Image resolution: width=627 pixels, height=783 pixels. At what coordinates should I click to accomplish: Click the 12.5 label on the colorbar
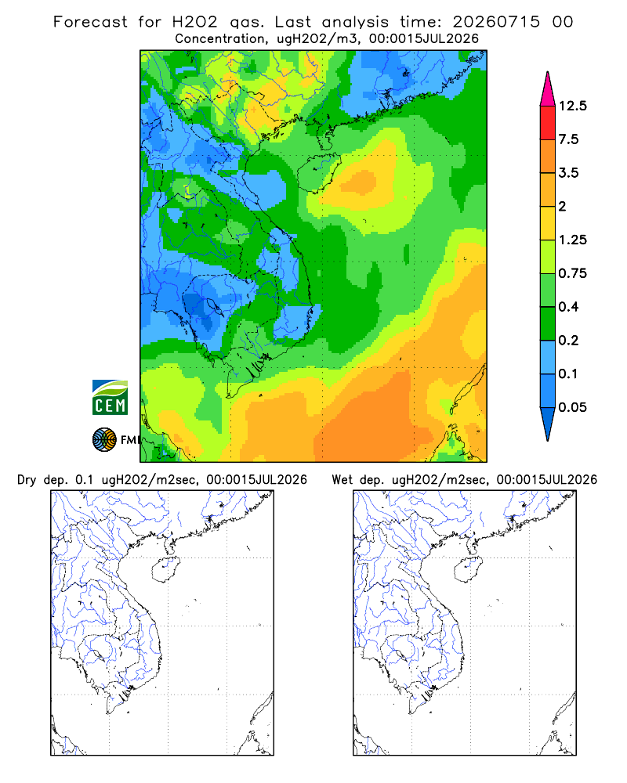572,106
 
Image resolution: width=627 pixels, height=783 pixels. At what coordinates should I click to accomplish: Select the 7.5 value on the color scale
568,139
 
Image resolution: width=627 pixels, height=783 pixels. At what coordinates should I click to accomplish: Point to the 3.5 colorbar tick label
568,173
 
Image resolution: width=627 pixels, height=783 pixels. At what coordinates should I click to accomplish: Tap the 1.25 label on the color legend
572,240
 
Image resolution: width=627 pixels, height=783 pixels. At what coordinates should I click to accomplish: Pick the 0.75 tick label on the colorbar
572,273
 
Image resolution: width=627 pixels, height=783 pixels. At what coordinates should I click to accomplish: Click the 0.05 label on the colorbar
572,407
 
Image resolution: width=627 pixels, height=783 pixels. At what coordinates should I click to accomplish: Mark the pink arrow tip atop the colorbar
548,72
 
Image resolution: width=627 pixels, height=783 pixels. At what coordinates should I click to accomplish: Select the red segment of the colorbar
548,123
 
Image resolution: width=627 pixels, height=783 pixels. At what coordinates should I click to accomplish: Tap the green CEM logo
110,398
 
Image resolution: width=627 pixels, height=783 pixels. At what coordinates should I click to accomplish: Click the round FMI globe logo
104,439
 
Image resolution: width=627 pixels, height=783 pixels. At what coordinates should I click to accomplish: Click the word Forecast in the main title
90,22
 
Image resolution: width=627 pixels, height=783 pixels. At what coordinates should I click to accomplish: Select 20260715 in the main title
496,22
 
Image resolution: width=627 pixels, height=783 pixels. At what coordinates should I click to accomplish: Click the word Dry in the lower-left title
27,480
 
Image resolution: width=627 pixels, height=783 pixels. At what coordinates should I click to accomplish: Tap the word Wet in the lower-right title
342,480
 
